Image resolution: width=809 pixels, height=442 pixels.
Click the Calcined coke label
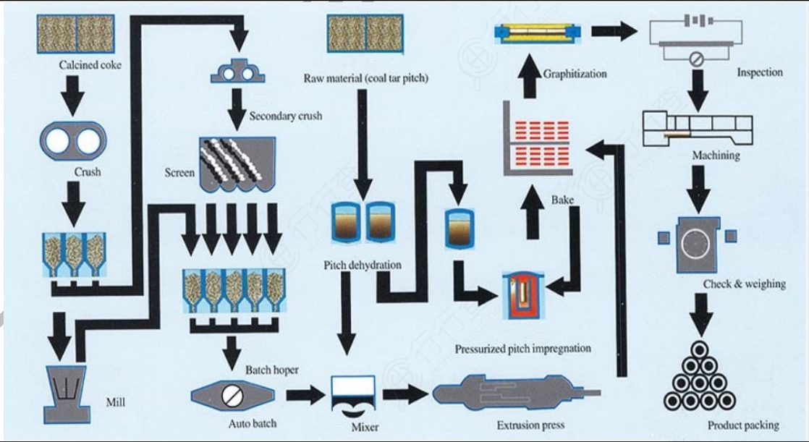[x=90, y=65]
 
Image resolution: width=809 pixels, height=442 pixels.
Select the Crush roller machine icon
[x=73, y=140]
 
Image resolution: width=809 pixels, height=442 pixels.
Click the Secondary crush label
[x=285, y=116]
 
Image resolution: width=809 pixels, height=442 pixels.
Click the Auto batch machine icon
[x=234, y=395]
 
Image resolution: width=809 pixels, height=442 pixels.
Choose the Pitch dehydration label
[x=362, y=265]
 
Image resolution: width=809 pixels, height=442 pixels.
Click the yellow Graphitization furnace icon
[x=538, y=32]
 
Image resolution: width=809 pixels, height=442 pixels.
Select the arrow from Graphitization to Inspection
[x=614, y=31]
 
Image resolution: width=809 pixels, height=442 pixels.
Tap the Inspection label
[x=759, y=72]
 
